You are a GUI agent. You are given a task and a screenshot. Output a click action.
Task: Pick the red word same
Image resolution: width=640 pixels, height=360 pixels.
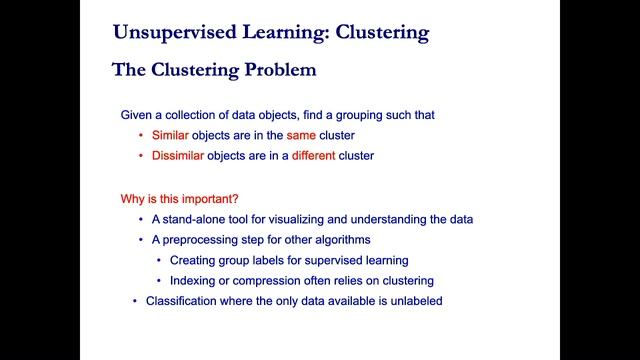[302, 135]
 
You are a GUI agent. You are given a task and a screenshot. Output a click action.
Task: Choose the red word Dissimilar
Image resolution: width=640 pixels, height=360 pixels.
[181, 155]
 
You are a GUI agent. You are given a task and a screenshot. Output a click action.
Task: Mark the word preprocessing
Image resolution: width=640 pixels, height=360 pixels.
[201, 240]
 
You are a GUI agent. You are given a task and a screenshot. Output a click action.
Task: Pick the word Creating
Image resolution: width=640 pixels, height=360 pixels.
[194, 261]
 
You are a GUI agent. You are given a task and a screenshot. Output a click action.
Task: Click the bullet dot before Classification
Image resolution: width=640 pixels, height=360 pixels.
[135, 301]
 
